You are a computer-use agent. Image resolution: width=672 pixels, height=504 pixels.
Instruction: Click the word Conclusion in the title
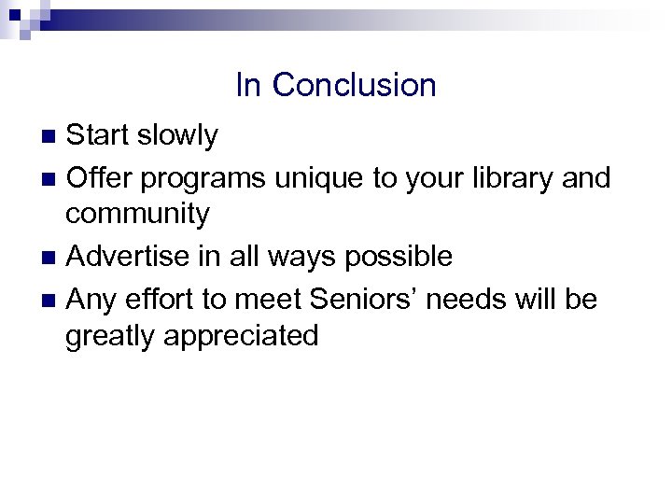tap(354, 86)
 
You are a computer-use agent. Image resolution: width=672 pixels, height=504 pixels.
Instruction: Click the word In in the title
tap(248, 86)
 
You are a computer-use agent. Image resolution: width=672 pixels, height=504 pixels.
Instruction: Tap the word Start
tap(99, 136)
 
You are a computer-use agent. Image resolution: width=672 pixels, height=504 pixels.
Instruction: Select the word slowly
tap(178, 136)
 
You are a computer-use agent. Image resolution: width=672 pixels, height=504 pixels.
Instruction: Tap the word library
tap(506, 175)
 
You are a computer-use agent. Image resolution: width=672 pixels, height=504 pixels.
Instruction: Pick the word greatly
tap(109, 336)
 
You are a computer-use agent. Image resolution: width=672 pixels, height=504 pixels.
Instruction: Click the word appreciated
tap(240, 336)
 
